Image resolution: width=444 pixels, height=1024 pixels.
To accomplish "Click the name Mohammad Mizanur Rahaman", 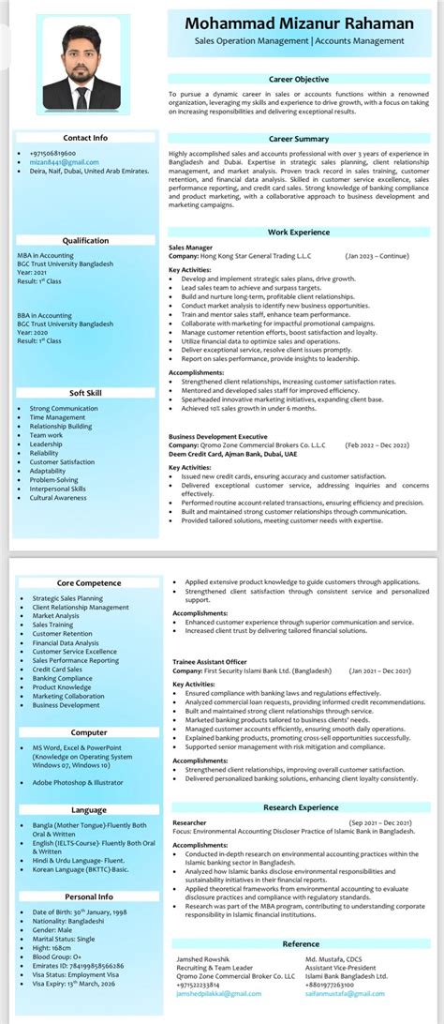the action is (x=299, y=23).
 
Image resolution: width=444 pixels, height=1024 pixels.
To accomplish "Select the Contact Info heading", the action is (x=85, y=138).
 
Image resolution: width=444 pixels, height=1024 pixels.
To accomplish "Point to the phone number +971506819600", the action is (x=52, y=153).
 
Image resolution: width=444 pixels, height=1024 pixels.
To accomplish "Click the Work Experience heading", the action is (x=299, y=232).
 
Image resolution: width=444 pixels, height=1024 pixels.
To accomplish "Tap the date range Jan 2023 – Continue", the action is (x=377, y=255).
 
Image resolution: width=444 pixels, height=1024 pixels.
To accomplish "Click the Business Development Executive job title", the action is (x=218, y=437).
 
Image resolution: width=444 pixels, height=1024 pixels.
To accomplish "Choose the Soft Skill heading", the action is (x=85, y=393).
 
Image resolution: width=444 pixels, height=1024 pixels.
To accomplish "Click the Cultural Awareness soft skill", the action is (x=58, y=498).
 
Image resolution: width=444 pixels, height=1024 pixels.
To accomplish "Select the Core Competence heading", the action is (x=89, y=583).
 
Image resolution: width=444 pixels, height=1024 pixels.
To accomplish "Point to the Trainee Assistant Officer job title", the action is (x=209, y=662).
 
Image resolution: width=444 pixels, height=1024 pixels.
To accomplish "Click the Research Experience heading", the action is (x=299, y=806).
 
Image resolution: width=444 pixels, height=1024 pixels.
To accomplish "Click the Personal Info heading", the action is (x=89, y=896).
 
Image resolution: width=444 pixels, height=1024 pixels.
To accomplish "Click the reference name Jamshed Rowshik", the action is (x=202, y=986).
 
